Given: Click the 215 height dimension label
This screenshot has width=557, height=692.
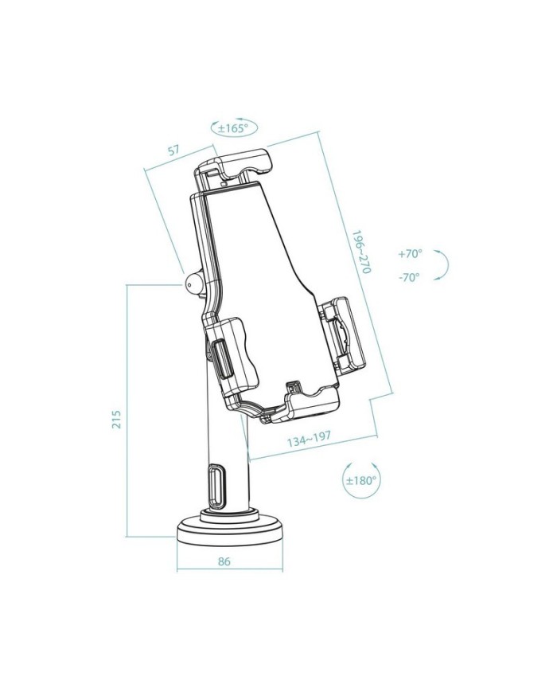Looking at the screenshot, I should coord(116,420).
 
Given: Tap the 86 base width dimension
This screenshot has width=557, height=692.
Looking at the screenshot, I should coord(224,561).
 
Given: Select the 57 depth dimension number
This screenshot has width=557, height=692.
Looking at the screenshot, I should coord(173,150).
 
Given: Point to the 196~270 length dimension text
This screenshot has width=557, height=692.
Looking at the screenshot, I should coord(361,253).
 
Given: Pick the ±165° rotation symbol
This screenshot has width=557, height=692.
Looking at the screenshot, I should coord(233,127).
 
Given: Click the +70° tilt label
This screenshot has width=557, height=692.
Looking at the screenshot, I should coord(410,254).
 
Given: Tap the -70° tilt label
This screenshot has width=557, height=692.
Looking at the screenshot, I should coord(410,277).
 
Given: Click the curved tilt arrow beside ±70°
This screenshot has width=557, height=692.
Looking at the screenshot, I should coord(445,265).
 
